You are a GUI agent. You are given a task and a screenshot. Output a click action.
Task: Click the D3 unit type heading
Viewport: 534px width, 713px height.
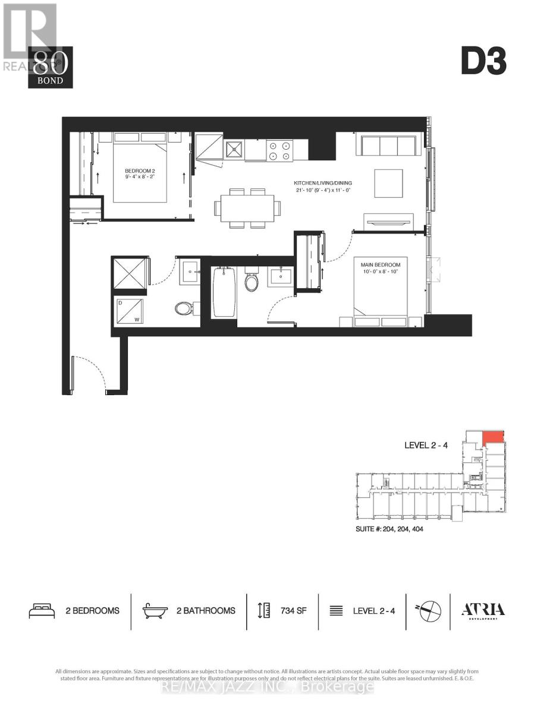point(483,61)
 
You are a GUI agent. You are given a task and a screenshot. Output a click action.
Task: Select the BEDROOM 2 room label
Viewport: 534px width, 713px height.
point(140,172)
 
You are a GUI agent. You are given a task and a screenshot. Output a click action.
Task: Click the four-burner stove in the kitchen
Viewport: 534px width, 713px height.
point(280,150)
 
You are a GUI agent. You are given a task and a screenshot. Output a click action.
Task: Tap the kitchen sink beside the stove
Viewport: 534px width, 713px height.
point(234,150)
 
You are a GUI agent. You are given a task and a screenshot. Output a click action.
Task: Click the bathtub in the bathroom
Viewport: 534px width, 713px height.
point(223,292)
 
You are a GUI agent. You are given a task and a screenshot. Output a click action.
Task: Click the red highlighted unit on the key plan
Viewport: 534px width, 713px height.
point(493,438)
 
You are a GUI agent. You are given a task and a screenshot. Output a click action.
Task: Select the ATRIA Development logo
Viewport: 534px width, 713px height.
point(483,611)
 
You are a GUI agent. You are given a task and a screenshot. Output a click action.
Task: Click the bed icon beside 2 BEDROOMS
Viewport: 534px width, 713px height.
point(42,610)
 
